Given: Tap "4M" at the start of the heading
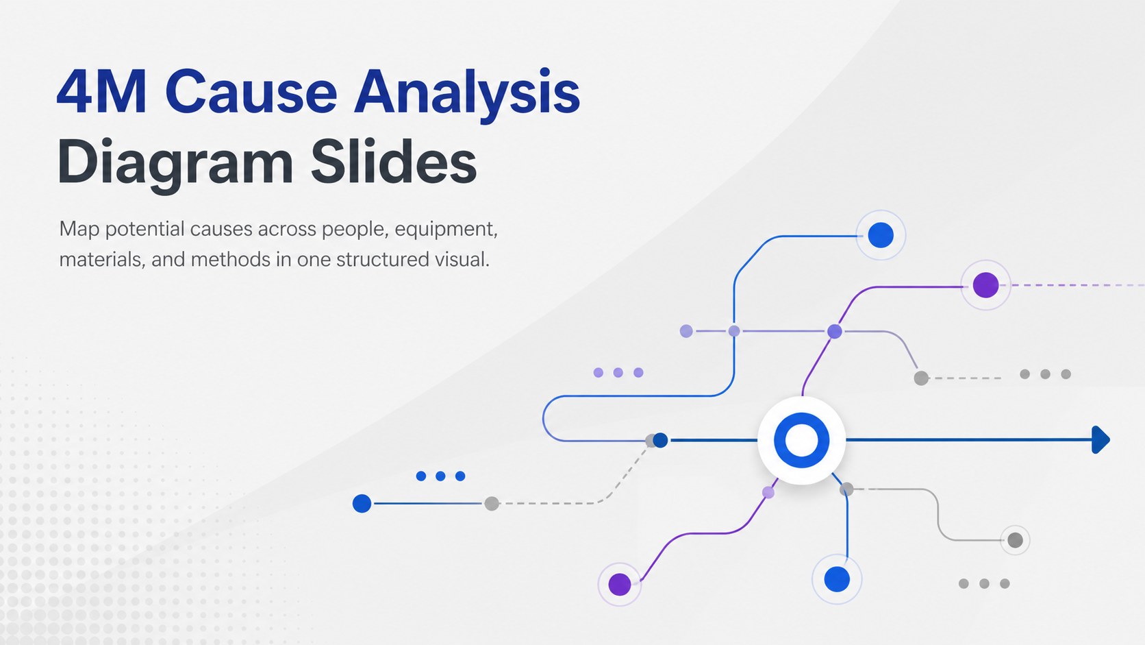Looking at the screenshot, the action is click(102, 92).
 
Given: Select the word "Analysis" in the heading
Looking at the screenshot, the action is click(467, 95).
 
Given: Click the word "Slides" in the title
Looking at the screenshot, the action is click(394, 160).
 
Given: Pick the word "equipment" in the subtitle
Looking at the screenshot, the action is click(446, 230).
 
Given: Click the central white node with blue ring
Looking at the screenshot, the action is click(801, 440).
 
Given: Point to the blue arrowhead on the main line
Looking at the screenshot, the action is click(1100, 440).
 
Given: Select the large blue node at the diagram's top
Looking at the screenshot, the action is click(880, 235).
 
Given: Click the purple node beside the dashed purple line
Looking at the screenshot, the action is click(985, 285).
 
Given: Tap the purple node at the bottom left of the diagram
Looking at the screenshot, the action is click(620, 584).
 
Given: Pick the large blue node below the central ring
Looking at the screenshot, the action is click(837, 579).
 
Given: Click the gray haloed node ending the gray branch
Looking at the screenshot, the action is click(1015, 539).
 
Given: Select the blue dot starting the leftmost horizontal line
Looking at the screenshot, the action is click(362, 503).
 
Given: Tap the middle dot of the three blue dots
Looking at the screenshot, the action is click(440, 476).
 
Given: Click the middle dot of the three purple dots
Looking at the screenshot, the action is click(618, 372).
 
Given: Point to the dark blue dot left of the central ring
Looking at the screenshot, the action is click(660, 440).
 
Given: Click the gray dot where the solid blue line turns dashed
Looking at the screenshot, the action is click(492, 503).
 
